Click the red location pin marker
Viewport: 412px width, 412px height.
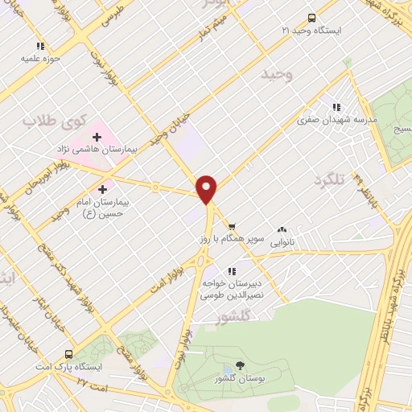(x=208, y=188)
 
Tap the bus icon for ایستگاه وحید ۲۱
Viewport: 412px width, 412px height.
(x=312, y=18)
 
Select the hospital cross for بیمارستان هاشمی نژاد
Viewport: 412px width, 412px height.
(x=97, y=138)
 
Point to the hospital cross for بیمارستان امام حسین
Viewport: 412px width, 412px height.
(x=102, y=189)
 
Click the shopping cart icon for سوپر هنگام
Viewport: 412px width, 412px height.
(x=232, y=227)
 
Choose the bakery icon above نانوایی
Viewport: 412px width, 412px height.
(x=282, y=229)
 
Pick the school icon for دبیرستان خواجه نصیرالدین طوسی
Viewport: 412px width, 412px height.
(x=232, y=271)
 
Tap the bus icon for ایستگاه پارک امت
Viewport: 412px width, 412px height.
(x=69, y=354)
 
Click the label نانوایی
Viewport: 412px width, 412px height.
(x=282, y=241)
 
